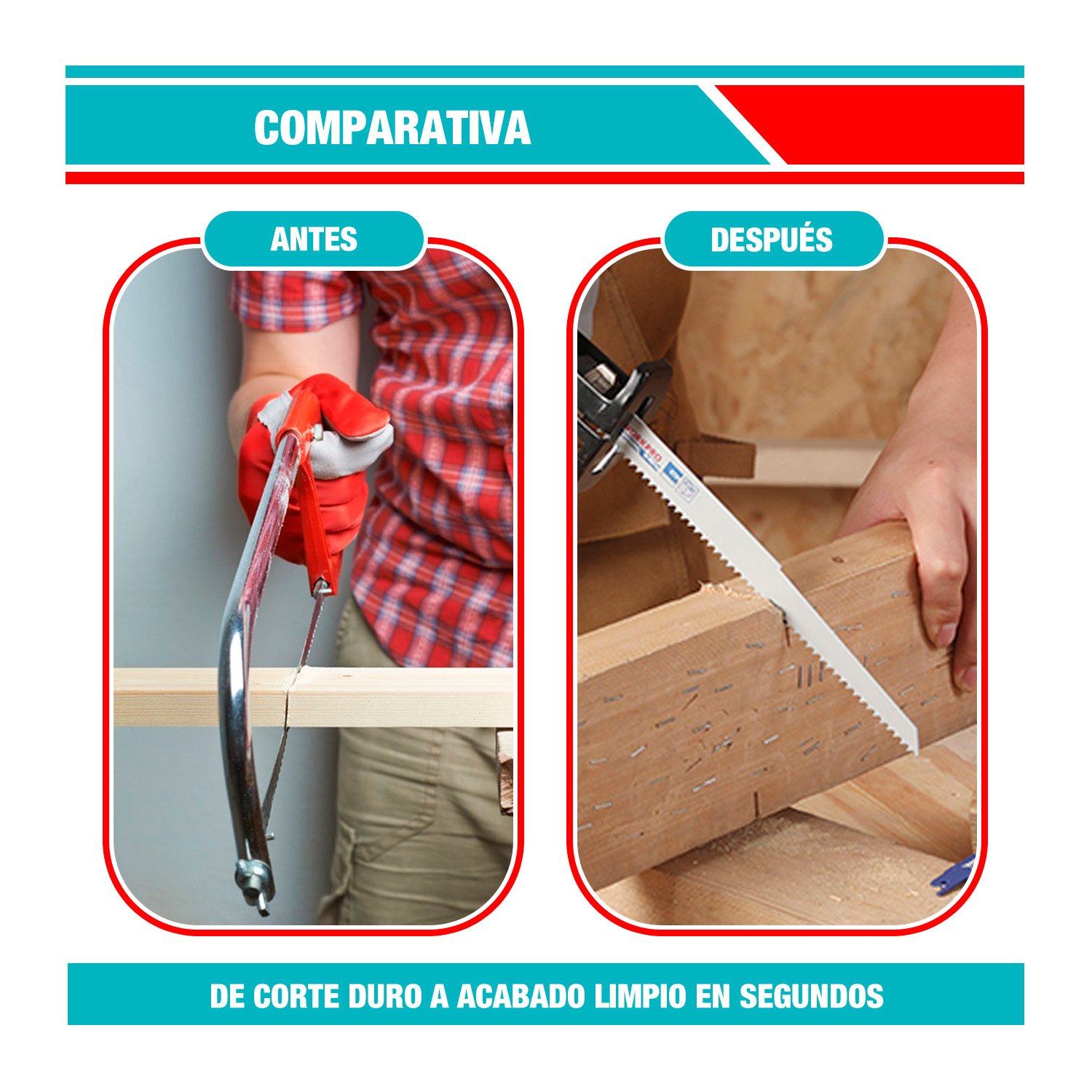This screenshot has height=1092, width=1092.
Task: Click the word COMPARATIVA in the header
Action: tap(392, 128)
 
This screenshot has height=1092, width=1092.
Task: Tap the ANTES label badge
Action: tap(314, 240)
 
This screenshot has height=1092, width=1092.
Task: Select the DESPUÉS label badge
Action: tap(772, 240)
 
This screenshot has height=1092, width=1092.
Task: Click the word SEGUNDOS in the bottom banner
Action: tap(812, 996)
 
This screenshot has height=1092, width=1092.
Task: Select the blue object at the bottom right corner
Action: tap(954, 874)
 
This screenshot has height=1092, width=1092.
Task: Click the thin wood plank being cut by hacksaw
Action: tap(313, 697)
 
